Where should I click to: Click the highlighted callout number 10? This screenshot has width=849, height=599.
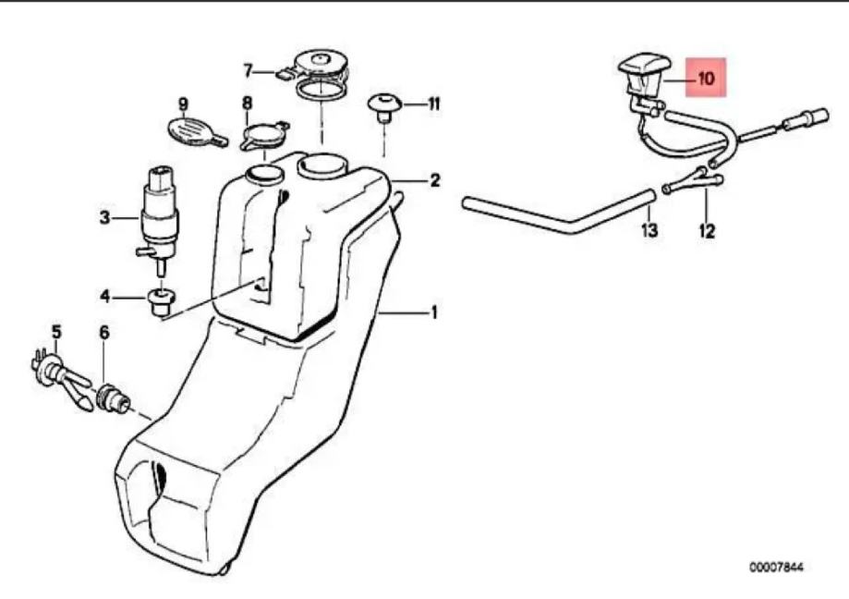[x=706, y=79]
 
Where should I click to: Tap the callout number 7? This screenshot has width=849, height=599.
[x=248, y=69]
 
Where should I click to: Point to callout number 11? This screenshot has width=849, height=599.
[x=433, y=104]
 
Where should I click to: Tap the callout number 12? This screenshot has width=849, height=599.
[x=707, y=231]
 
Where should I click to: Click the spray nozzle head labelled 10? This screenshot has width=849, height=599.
[x=639, y=74]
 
